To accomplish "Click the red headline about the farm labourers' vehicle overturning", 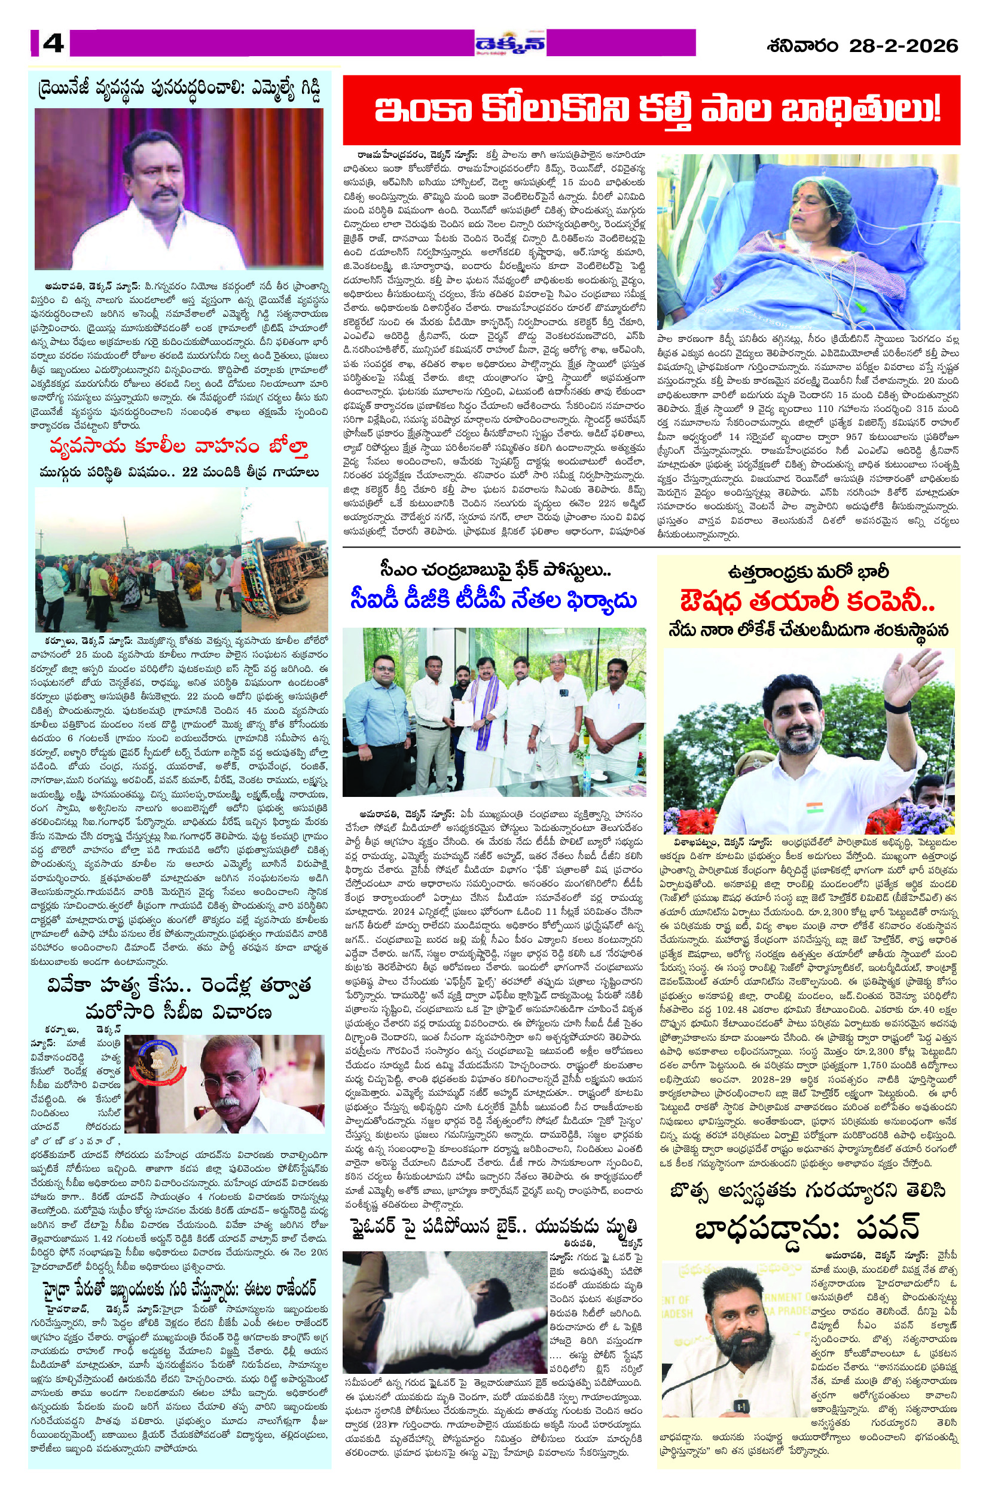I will [181, 448].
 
